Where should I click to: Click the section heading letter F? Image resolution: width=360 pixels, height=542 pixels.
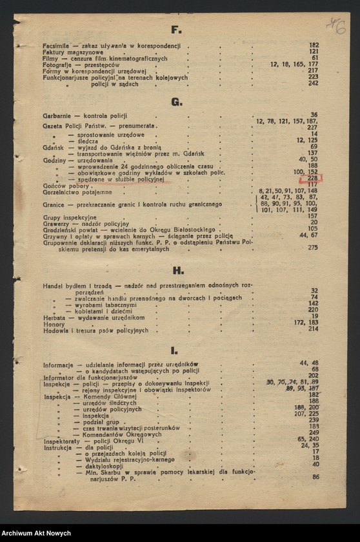[x=175, y=30]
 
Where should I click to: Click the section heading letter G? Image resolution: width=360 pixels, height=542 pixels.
[x=176, y=101]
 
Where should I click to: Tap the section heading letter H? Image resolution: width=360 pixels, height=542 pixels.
[x=177, y=270]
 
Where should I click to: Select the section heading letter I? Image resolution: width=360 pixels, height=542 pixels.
[x=175, y=350]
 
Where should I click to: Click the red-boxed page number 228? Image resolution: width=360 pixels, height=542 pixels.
[x=313, y=179]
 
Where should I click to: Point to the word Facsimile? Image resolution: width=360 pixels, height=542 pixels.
[x=56, y=46]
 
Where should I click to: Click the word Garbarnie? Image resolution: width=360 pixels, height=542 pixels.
[x=57, y=115]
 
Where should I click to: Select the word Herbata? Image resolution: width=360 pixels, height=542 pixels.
[x=55, y=317]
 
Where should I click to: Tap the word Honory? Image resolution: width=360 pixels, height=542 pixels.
[x=54, y=324]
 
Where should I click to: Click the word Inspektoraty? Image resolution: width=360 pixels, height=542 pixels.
[x=62, y=439]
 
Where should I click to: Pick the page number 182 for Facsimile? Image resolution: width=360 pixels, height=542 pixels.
[x=314, y=45]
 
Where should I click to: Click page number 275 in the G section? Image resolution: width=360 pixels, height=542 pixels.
[x=313, y=247]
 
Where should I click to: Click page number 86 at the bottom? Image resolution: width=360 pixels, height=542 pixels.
[x=315, y=477]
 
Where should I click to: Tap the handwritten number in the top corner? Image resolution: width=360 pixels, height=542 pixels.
[x=336, y=26]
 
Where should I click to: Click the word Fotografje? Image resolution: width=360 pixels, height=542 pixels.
[x=58, y=65]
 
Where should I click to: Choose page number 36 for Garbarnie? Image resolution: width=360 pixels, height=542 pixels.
[x=314, y=114]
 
